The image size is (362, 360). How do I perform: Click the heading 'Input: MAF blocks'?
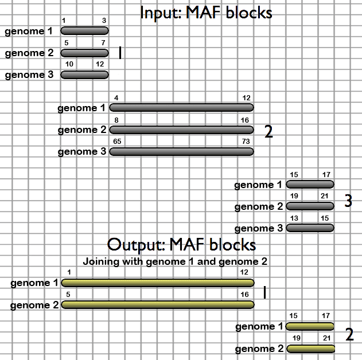206,12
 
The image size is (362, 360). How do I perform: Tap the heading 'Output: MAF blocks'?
181,245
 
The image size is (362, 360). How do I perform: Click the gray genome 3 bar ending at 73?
181,152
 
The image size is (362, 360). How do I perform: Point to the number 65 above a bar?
118,141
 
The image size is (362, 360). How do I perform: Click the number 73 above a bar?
246,141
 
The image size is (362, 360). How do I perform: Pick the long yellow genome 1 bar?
158,283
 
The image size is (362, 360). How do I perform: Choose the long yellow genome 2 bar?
158,304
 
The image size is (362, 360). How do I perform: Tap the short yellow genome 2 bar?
310,349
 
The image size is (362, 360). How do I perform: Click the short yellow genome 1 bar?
310,326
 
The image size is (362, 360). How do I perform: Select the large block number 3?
348,201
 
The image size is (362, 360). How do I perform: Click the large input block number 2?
268,132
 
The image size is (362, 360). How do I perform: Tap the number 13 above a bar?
294,217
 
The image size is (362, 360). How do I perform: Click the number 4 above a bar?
116,98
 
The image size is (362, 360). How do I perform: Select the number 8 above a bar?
116,120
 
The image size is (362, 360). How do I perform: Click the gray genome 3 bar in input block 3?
310,228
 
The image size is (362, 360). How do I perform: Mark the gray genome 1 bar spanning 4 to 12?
181,107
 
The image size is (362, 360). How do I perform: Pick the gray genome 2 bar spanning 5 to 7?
84,53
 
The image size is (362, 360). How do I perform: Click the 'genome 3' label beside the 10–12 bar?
25,75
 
